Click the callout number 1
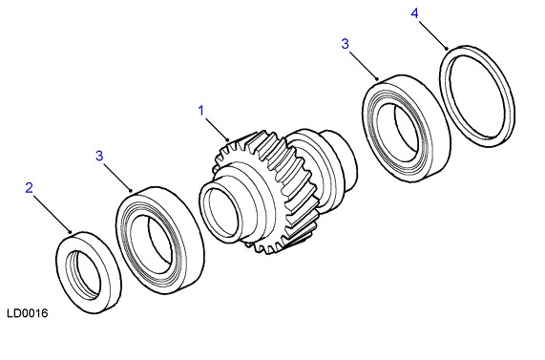[x=201, y=111]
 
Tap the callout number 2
[x=30, y=188]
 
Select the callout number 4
[x=414, y=13]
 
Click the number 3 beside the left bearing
[x=99, y=156]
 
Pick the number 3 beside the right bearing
[x=345, y=44]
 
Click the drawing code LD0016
[x=28, y=313]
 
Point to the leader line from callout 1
[x=217, y=129]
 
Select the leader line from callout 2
[x=52, y=214]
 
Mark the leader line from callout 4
[x=432, y=35]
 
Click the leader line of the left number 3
[x=117, y=177]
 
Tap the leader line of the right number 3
[x=364, y=66]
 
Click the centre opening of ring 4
[x=477, y=96]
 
